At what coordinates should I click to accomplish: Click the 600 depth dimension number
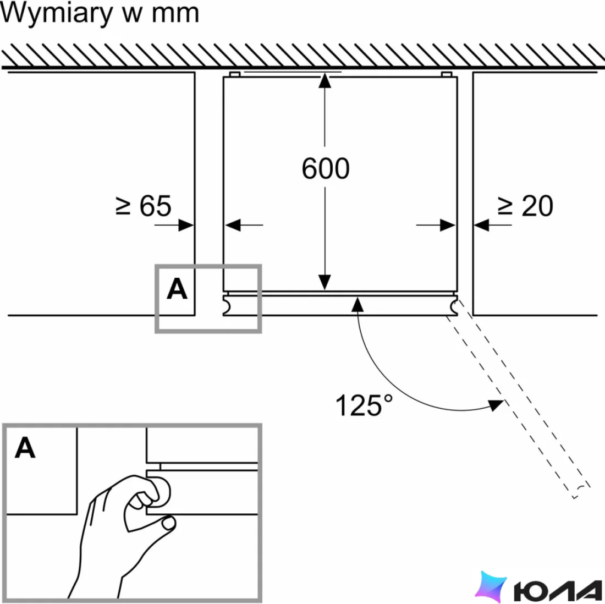325,169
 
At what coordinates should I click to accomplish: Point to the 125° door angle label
364,405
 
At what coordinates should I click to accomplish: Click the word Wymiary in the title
57,14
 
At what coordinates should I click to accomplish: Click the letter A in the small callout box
177,289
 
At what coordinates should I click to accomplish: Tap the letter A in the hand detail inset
25,448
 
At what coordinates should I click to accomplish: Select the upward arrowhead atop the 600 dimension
324,80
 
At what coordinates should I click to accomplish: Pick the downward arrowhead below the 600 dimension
324,282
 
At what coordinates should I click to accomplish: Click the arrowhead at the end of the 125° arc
496,405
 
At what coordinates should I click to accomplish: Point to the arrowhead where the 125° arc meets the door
358,305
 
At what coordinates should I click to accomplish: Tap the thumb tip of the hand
169,523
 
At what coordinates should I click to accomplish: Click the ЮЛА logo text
558,590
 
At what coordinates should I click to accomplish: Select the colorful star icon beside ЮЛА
491,586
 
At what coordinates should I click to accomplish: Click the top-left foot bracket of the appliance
235,74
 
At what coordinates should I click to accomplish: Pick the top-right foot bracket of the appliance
447,74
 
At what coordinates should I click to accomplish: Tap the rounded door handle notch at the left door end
227,306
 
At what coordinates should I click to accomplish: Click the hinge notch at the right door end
454,306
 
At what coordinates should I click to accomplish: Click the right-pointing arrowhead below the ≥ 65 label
186,225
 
